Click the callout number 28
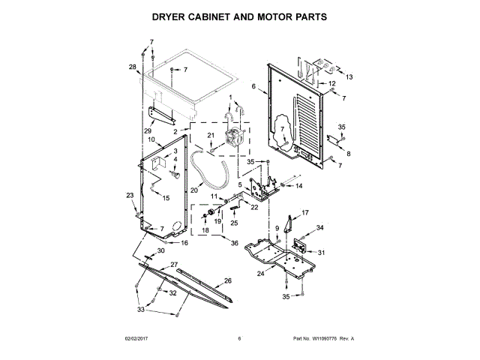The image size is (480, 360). (x=132, y=67)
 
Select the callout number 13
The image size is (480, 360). (x=349, y=76)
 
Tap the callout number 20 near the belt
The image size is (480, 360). (x=193, y=190)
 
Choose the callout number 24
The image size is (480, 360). (x=261, y=274)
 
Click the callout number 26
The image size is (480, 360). (x=228, y=280)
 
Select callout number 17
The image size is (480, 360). (x=305, y=212)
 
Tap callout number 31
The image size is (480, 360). (x=322, y=252)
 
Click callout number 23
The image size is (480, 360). (x=129, y=195)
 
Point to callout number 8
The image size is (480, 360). (x=347, y=153)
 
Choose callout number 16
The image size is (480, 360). (x=184, y=243)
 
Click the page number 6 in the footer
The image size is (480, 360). (x=238, y=339)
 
